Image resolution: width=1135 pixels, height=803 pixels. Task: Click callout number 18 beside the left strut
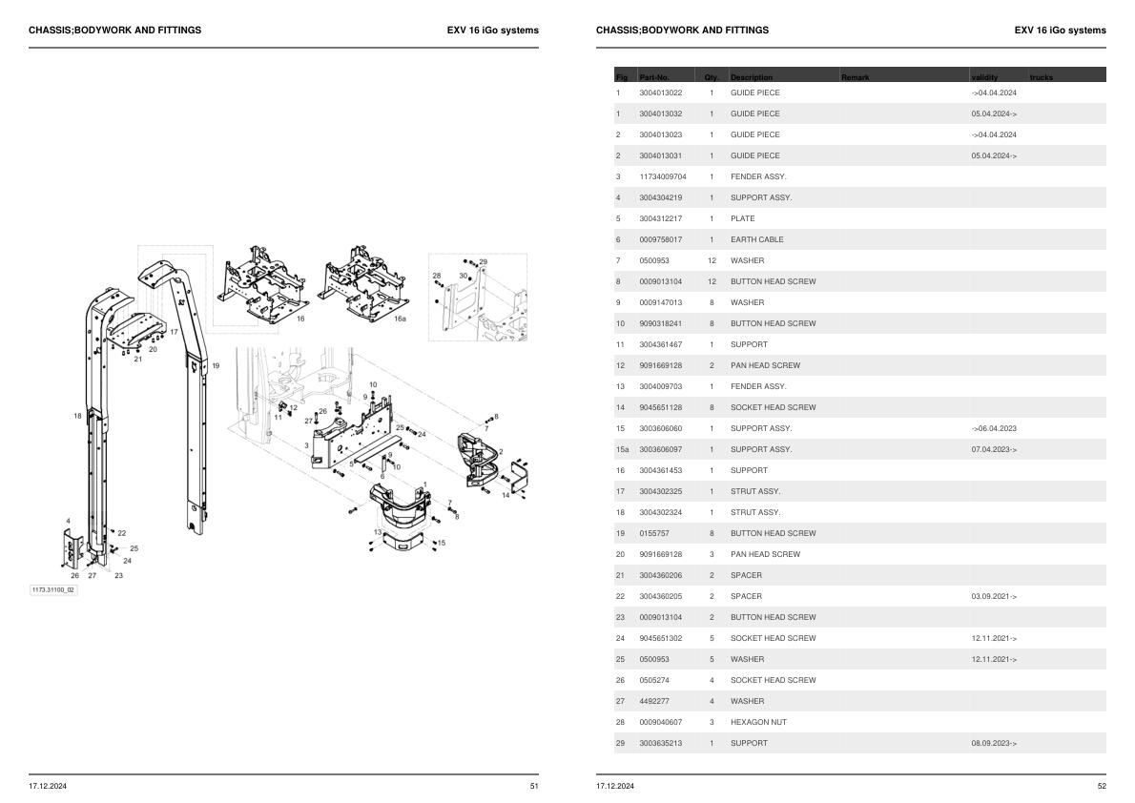(77, 416)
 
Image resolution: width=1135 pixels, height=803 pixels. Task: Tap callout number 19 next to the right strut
(216, 366)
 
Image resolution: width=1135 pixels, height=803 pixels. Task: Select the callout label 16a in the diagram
(400, 319)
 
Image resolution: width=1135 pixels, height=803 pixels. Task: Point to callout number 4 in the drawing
(68, 521)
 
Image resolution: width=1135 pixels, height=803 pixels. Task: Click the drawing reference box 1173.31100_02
(53, 590)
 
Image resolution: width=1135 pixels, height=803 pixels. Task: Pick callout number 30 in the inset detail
(464, 276)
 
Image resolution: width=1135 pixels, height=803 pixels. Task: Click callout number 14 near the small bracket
(506, 495)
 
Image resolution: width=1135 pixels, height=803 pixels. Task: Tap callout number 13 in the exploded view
(378, 531)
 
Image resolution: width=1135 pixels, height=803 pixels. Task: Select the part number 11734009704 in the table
(662, 176)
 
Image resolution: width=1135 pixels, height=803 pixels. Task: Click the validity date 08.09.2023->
(994, 743)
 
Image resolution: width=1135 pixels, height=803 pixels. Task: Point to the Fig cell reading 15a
(621, 449)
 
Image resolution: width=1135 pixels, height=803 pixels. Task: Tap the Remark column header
(856, 76)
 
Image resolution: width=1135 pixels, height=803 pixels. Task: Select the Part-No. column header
(654, 76)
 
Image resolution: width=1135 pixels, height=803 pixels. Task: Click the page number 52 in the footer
(1101, 786)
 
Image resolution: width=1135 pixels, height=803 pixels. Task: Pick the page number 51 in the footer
(533, 786)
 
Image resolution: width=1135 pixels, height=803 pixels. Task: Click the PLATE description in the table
(742, 218)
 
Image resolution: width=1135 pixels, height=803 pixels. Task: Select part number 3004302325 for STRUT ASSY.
(660, 491)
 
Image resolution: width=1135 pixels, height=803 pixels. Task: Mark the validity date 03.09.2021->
(994, 596)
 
